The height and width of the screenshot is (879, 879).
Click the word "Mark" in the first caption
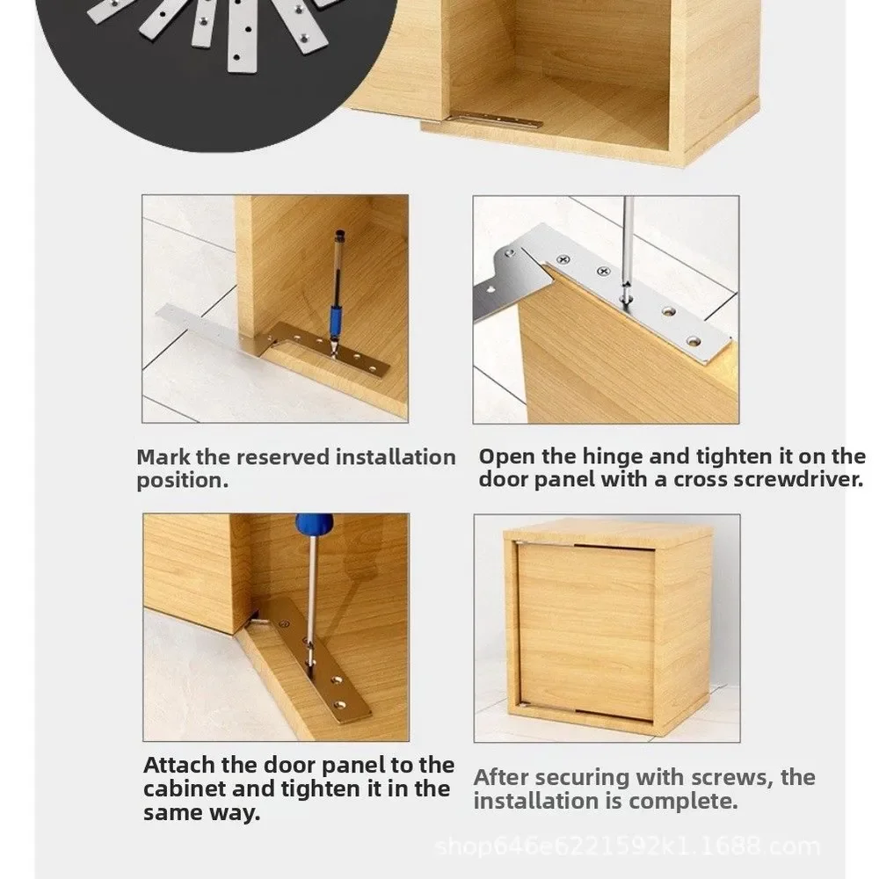pos(163,457)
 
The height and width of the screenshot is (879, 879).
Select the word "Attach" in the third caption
pos(178,766)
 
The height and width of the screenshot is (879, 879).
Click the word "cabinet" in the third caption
pos(185,788)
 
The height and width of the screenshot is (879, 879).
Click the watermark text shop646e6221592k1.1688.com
pos(628,846)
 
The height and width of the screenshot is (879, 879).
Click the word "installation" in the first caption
pos(396,457)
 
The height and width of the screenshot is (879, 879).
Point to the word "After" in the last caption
pos(501,778)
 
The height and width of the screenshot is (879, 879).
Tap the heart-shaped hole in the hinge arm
pos(490,290)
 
